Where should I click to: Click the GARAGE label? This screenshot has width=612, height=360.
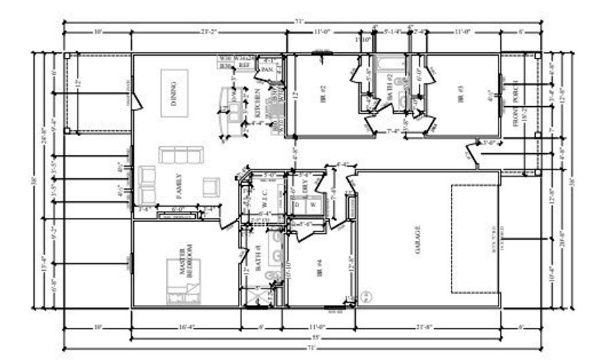click(417, 240)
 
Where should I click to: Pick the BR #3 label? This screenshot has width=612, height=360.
click(460, 93)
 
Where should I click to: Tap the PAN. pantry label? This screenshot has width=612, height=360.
click(268, 69)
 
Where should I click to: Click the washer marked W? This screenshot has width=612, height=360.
click(313, 204)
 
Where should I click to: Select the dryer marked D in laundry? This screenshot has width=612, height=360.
click(297, 204)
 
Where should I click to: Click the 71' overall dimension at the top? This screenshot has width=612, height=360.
click(299, 21)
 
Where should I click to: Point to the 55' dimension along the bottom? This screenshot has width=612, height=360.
click(299, 338)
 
